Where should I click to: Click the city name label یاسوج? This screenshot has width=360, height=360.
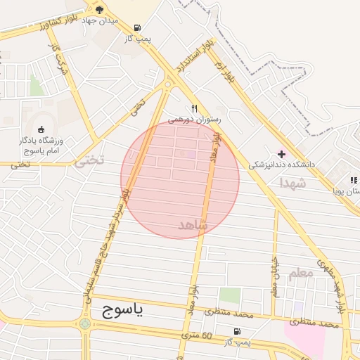click(117, 309)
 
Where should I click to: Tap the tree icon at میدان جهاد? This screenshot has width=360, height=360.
click(100, 10)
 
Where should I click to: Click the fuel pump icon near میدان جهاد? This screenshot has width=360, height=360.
click(135, 29)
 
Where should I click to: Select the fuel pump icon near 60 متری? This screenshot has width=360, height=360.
click(237, 331)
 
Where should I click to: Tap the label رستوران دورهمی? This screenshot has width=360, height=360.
click(195, 120)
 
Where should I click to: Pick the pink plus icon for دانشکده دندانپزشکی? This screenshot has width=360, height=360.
click(282, 153)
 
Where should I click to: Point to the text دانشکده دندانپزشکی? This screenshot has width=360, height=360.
click(281, 165)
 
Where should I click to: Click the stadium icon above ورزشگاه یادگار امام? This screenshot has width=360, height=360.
click(40, 129)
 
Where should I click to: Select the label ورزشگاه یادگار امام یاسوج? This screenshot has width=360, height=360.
click(39, 146)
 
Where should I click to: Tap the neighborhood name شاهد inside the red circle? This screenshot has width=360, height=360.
click(193, 225)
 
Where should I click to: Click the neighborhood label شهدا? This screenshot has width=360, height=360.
click(292, 183)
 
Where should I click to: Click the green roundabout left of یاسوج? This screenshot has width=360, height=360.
click(86, 324)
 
